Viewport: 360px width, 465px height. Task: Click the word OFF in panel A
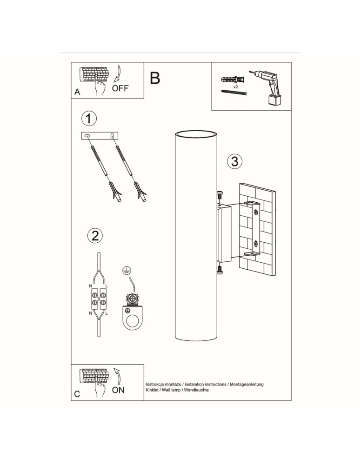coord(120,88)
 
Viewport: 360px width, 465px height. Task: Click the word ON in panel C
coord(118,390)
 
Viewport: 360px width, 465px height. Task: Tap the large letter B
coord(155,78)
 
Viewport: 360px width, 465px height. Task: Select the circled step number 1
coord(89,119)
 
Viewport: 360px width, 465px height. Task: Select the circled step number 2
coord(95,235)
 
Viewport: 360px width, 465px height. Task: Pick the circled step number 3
coord(235,161)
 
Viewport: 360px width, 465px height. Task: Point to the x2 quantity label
coord(236,87)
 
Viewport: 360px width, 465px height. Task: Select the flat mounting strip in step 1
coord(100,135)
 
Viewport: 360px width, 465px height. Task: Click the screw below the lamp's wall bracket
coord(220,269)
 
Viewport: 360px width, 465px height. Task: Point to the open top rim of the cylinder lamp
coord(196,134)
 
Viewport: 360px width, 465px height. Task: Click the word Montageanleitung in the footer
coord(247,384)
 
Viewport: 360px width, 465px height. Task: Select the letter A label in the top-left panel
coord(77,93)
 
